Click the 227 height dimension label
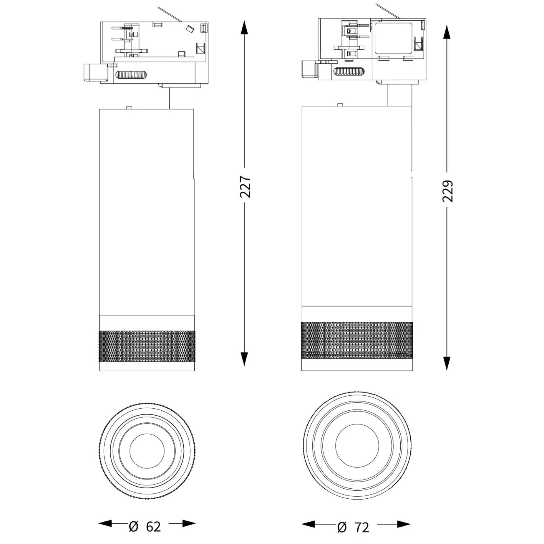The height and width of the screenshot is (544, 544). coord(245,187)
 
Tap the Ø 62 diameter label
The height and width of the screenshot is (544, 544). coord(145,527)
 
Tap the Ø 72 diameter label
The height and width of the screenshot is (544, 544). coord(354,528)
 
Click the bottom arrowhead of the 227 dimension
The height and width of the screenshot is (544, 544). coord(244,359)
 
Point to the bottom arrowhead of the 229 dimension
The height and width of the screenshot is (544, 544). coord(447,363)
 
